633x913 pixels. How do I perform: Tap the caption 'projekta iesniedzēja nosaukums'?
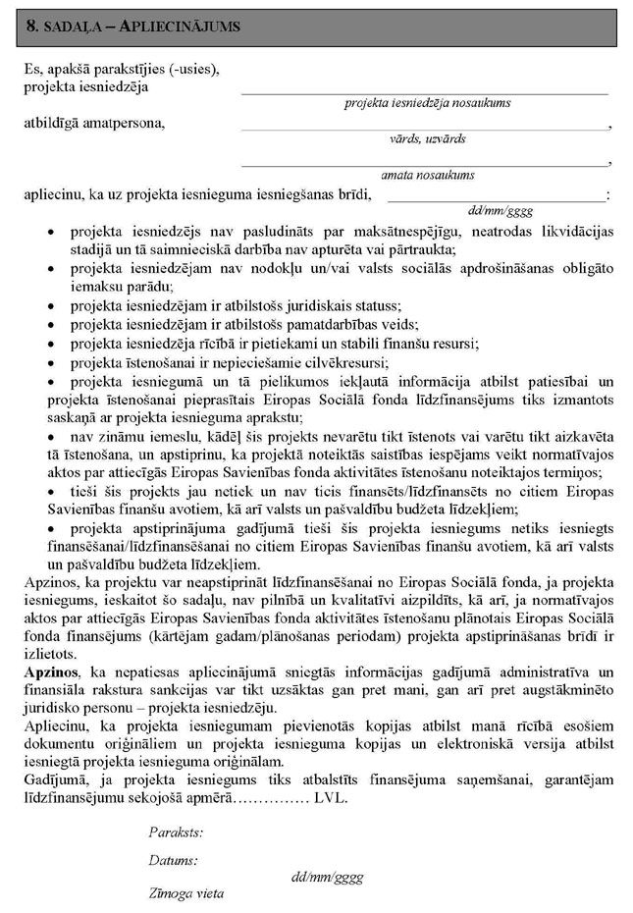tap(427, 102)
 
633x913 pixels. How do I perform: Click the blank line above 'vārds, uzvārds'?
tap(424, 129)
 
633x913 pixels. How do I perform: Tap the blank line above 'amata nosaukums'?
tap(424, 164)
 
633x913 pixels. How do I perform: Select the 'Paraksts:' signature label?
tap(176, 832)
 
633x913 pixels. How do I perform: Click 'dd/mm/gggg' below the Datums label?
tap(328, 876)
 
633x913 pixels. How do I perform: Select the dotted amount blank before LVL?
tap(269, 800)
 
